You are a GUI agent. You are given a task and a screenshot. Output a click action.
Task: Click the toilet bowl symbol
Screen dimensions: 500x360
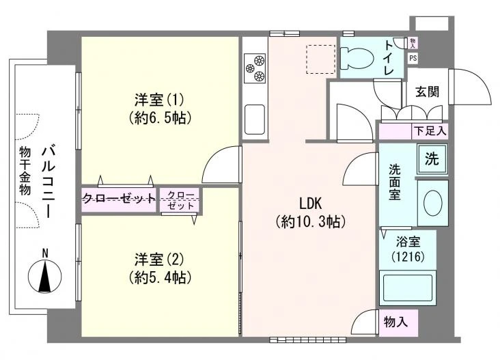click(357, 58)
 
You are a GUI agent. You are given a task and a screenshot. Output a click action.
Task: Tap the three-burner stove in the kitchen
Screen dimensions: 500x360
click(255, 68)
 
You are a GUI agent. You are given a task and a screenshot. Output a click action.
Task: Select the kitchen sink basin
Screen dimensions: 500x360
click(255, 120)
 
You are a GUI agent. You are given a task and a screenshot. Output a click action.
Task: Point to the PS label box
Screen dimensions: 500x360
click(413, 58)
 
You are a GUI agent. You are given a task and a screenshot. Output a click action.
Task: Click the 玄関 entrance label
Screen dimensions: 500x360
click(427, 92)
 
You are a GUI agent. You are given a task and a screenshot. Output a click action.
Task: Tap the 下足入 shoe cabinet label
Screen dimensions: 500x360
click(430, 130)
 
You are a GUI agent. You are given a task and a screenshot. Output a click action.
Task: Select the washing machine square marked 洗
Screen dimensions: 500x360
click(432, 158)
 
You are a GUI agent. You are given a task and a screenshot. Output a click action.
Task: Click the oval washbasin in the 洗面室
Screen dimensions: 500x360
click(432, 202)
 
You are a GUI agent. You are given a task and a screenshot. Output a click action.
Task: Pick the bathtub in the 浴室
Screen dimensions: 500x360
click(407, 288)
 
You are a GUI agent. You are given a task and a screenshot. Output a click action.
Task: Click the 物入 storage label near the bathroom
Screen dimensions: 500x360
click(395, 322)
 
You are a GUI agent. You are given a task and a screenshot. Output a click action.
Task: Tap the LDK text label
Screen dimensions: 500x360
click(311, 203)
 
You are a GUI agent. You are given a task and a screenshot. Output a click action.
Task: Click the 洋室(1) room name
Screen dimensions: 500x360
click(159, 100)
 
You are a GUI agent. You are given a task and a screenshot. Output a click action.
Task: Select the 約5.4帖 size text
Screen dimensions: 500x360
click(160, 277)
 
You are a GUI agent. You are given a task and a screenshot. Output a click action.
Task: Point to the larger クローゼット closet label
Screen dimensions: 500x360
click(120, 199)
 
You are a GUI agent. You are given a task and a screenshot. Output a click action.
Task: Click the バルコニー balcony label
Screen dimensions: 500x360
click(48, 181)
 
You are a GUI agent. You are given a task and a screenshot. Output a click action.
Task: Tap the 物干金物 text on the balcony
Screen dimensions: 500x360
click(25, 171)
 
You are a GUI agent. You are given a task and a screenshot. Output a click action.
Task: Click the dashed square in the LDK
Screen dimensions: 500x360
click(321, 59)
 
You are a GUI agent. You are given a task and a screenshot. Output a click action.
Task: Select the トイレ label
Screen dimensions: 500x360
click(389, 57)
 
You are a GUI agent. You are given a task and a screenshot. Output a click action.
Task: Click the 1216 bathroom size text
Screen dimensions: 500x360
click(408, 256)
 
